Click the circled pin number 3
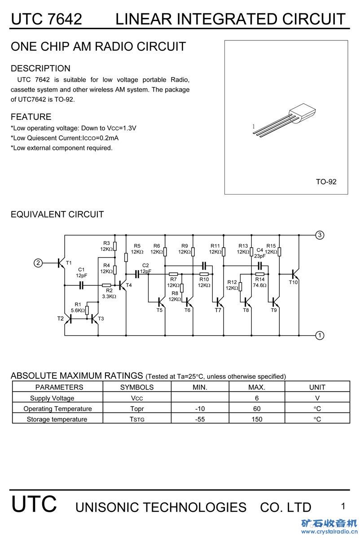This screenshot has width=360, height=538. click(x=320, y=235)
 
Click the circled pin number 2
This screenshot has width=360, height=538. click(x=39, y=263)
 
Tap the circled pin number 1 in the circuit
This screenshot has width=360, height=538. click(x=320, y=335)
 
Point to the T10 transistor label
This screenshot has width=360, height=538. click(x=293, y=282)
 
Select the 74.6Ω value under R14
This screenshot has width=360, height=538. click(x=259, y=285)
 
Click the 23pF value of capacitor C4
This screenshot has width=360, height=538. click(x=260, y=256)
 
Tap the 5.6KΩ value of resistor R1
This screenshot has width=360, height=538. click(x=78, y=310)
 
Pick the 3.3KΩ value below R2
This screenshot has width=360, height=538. click(x=109, y=296)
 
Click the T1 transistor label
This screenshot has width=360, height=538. click(x=69, y=262)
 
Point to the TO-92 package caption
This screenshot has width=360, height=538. click(x=326, y=182)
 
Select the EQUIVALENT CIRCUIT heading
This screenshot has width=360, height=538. click(x=57, y=214)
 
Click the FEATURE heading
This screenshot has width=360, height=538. click(x=31, y=117)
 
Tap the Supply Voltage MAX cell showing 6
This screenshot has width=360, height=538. click(x=257, y=398)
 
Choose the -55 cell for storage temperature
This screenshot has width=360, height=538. click(x=200, y=419)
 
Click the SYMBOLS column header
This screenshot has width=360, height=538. click(x=137, y=387)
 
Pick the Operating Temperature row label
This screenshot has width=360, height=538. click(x=57, y=408)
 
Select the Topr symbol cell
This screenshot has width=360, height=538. click(x=137, y=408)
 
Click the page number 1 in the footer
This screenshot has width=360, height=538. click(x=343, y=506)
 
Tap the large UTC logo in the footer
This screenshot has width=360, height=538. click(x=34, y=504)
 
